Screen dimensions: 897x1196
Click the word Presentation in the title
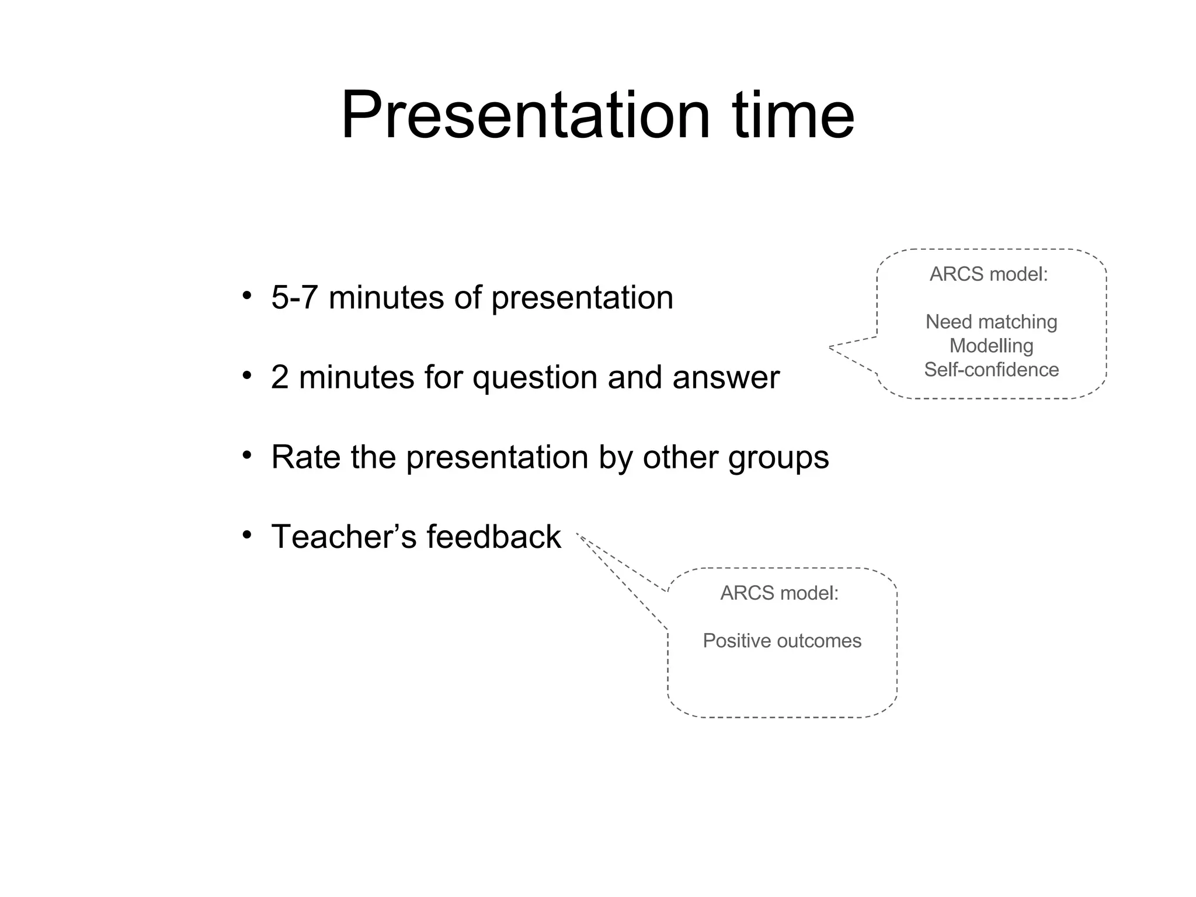point(525,114)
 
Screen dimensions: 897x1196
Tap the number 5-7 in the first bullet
point(294,297)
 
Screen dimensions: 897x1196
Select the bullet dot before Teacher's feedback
point(248,535)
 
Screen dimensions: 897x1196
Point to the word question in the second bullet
point(534,378)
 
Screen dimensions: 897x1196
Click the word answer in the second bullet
point(726,378)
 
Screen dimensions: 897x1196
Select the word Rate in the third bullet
point(305,457)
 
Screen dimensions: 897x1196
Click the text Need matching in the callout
point(991,322)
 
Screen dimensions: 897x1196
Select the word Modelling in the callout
point(991,346)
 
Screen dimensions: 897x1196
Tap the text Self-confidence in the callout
point(991,370)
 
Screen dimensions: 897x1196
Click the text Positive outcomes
point(782,641)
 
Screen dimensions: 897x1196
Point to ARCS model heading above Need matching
point(989,274)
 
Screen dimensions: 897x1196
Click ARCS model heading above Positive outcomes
point(779,593)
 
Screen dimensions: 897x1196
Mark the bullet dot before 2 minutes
point(248,376)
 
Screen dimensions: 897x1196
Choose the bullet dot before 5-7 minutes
point(248,296)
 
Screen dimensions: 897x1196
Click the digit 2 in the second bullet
point(280,377)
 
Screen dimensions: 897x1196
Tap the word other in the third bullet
point(680,457)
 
